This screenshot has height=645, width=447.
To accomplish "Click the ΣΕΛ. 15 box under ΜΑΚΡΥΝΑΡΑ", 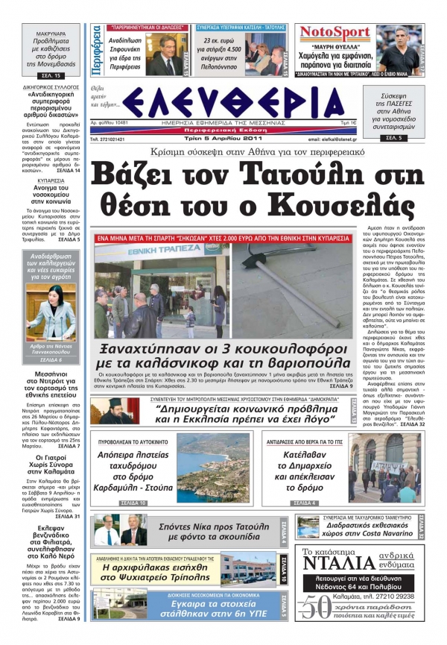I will [48, 77].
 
